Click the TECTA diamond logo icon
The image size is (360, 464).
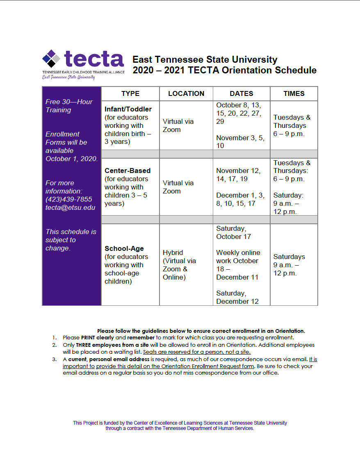pyautogui.click(x=51, y=58)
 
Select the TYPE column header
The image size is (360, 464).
pyautogui.click(x=130, y=93)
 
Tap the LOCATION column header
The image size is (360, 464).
pyautogui.click(x=186, y=93)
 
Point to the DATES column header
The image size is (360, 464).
pyautogui.click(x=242, y=93)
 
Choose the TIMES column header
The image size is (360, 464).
pyautogui.click(x=294, y=93)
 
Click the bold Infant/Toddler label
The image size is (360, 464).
pyautogui.click(x=128, y=109)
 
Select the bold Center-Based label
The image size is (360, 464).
pyautogui.click(x=128, y=171)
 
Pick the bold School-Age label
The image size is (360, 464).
pyautogui.click(x=124, y=248)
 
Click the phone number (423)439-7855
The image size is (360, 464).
pyautogui.click(x=69, y=199)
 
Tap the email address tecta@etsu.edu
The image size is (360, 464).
pyautogui.click(x=70, y=207)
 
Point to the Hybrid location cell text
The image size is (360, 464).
pyautogui.click(x=173, y=252)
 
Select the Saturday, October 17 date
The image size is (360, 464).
pyautogui.click(x=234, y=232)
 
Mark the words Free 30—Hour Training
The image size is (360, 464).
pyautogui.click(x=69, y=106)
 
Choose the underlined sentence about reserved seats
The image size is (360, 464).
pyautogui.click(x=196, y=352)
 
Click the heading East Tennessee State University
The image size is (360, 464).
pyautogui.click(x=205, y=59)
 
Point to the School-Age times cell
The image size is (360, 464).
pyautogui.click(x=289, y=265)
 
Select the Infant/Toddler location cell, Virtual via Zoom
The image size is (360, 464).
pyautogui.click(x=178, y=125)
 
